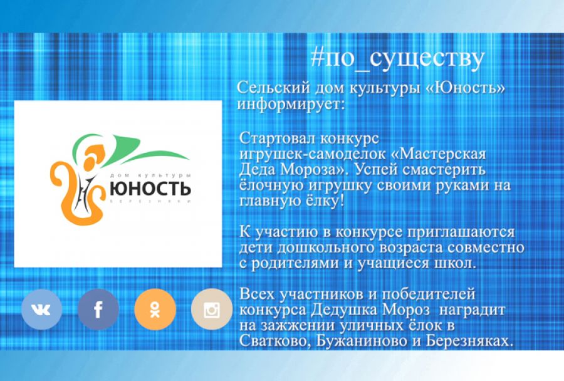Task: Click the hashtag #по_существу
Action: [397, 58]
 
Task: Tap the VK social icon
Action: [41, 309]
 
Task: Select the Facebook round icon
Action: [98, 309]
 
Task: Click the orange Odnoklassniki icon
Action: [154, 309]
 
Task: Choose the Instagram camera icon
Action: [211, 309]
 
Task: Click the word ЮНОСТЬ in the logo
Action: [150, 187]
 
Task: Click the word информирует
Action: [290, 103]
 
